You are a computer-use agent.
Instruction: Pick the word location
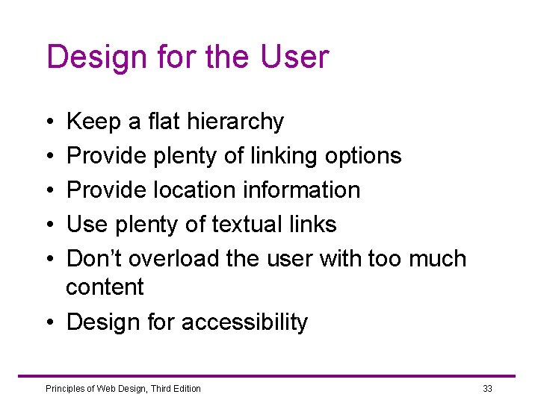[188, 190]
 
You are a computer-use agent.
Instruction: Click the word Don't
[95, 259]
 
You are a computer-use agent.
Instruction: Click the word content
[105, 287]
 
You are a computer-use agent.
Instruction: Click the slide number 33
[487, 389]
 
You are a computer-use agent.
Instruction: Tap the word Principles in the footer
[65, 389]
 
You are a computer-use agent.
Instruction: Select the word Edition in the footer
[185, 389]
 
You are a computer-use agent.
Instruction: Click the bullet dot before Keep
[49, 122]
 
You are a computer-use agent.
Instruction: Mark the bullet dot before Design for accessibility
[49, 323]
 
